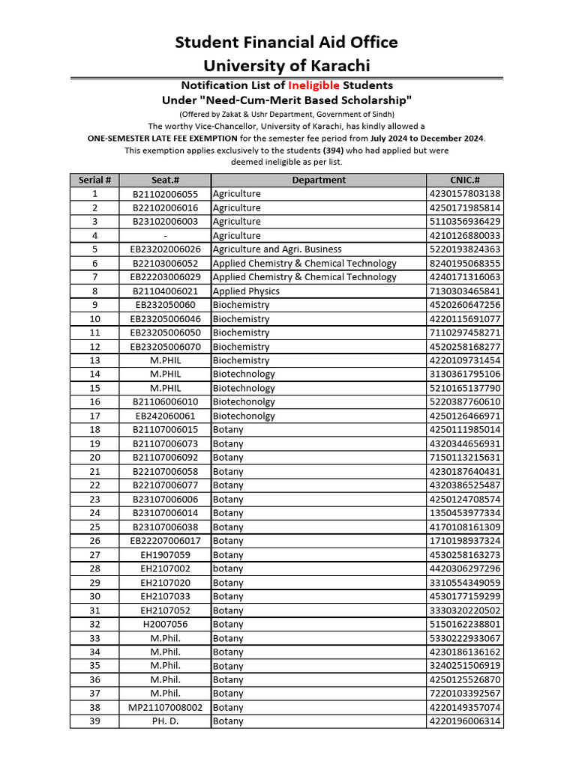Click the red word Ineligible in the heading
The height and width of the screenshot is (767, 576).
point(313,85)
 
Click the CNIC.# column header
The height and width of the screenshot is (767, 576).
point(465,180)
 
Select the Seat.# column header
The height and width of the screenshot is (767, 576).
point(165,180)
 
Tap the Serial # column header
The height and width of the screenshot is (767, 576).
point(94,180)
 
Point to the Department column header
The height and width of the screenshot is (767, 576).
point(319,180)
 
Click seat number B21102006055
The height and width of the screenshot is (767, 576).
point(165,194)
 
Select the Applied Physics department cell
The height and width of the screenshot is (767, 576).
point(246,291)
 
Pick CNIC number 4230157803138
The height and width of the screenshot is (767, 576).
point(465,194)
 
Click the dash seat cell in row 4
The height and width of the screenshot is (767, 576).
point(165,236)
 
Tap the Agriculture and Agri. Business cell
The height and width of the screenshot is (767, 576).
point(277,249)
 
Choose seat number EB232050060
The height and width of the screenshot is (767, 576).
point(165,305)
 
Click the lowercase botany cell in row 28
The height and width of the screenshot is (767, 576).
point(228,569)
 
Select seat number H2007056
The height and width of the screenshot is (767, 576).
point(165,624)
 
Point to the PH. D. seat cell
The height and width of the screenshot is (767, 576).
point(165,721)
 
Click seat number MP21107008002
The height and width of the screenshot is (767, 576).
point(165,707)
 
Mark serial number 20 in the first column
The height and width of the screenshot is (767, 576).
point(94,458)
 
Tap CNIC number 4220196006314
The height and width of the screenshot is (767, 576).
point(465,721)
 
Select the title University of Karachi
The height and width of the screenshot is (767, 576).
point(286,65)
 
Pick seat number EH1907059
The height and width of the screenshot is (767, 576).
point(165,555)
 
